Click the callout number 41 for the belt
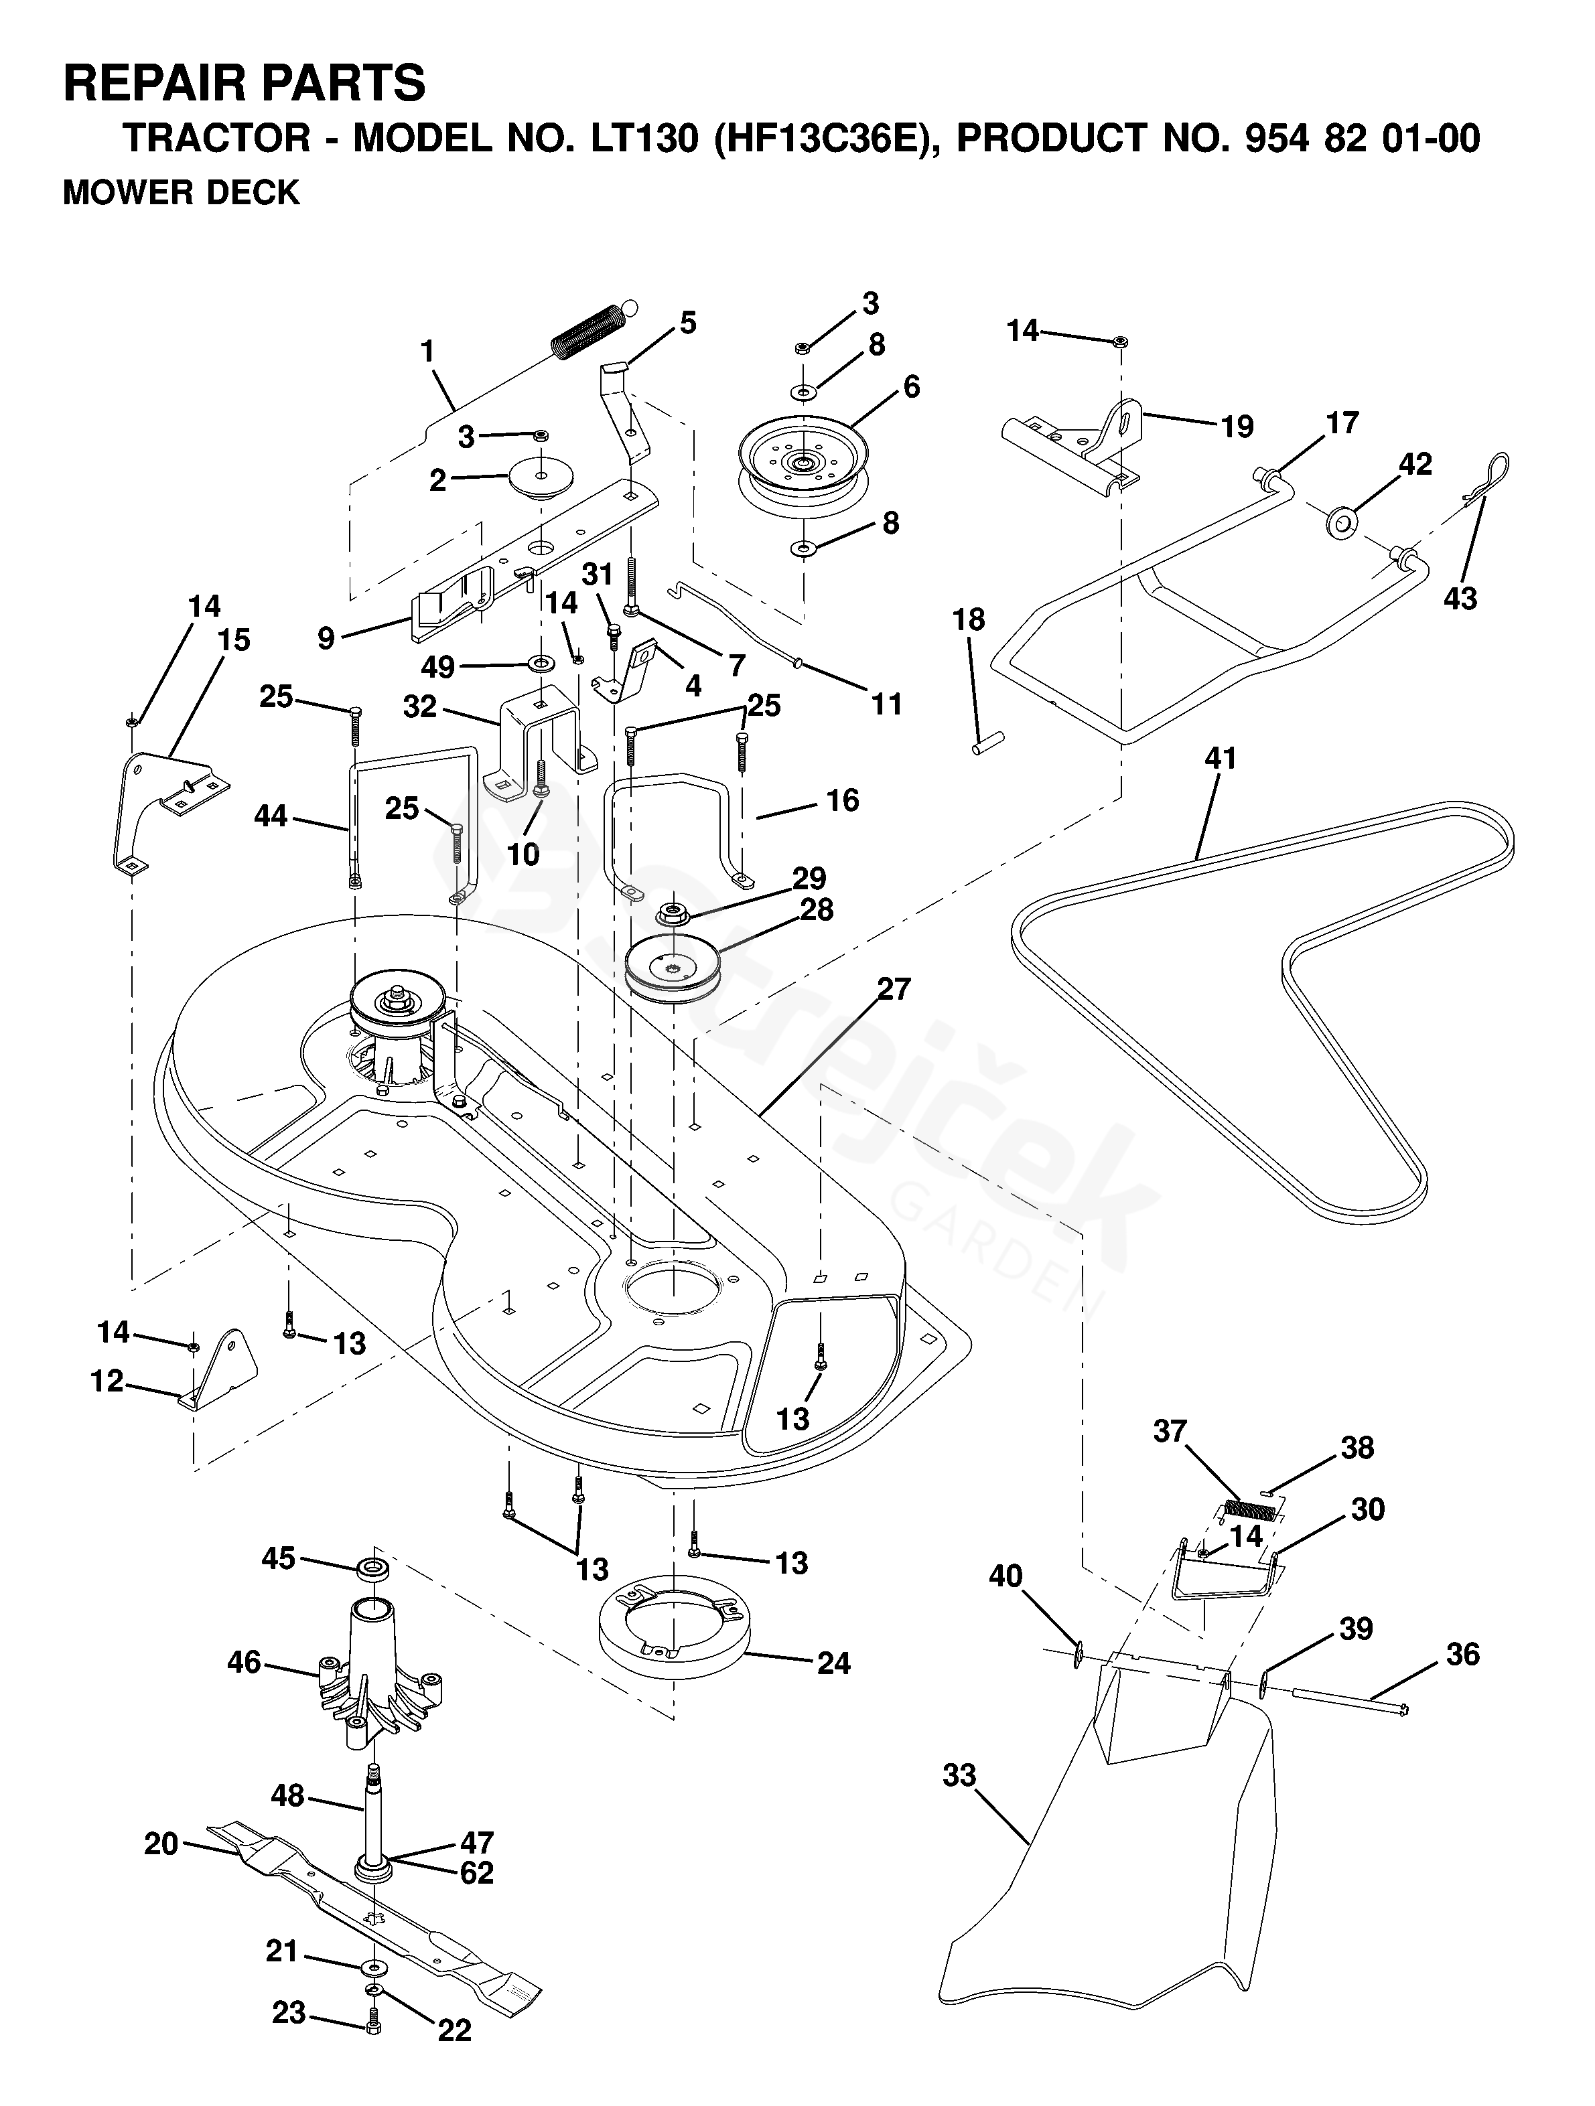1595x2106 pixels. pos(1220,759)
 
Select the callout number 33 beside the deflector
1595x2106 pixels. pos(960,1776)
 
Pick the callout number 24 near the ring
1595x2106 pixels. pos(833,1663)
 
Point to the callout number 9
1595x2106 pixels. pos(326,638)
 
